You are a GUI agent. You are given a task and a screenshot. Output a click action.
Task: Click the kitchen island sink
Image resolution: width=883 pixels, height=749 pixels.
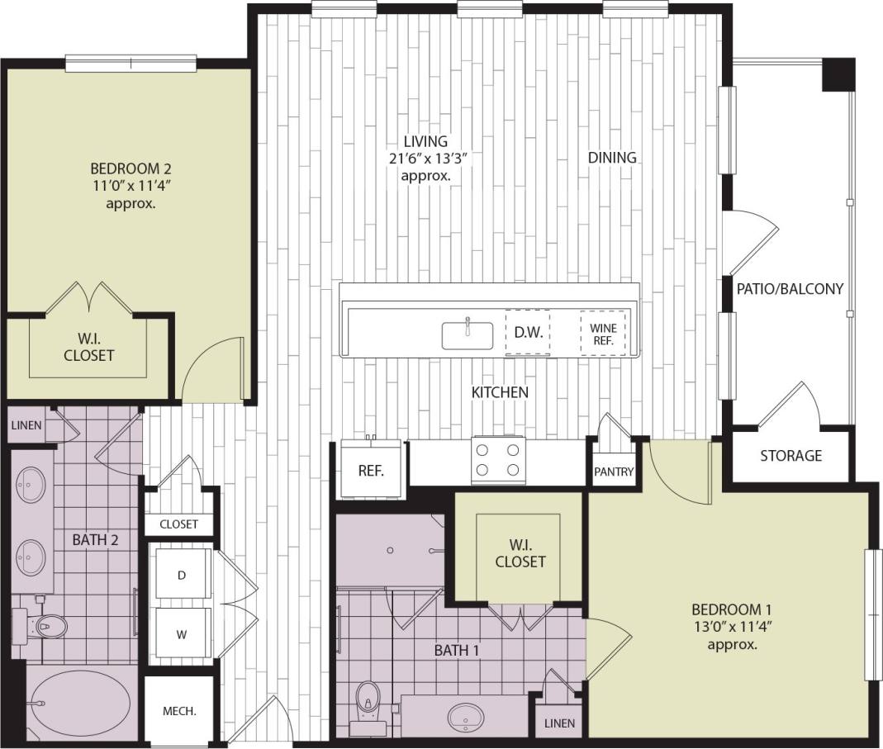467,335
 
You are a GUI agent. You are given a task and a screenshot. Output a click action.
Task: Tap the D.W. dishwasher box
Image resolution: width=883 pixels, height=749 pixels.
528,333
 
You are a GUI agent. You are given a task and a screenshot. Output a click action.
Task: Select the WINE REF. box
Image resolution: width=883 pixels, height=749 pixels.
603,334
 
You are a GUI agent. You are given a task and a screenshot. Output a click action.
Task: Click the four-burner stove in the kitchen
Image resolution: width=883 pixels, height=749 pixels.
500,461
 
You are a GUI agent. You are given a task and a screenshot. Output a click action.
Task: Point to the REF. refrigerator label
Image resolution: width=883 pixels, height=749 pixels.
368,472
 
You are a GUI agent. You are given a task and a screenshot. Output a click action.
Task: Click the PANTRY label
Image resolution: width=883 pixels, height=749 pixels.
614,472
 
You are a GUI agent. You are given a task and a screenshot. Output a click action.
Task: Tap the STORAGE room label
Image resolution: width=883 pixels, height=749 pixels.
790,456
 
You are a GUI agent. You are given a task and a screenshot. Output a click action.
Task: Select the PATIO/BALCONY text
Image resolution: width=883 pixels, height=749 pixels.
790,289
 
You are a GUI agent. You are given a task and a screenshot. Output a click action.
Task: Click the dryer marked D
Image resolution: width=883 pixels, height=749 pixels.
181,576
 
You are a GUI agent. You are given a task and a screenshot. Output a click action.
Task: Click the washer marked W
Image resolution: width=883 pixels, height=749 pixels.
181,635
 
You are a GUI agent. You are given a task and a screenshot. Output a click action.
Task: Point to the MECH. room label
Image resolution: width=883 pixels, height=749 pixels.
179,711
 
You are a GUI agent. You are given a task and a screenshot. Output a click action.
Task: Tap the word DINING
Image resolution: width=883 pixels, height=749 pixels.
613,157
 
